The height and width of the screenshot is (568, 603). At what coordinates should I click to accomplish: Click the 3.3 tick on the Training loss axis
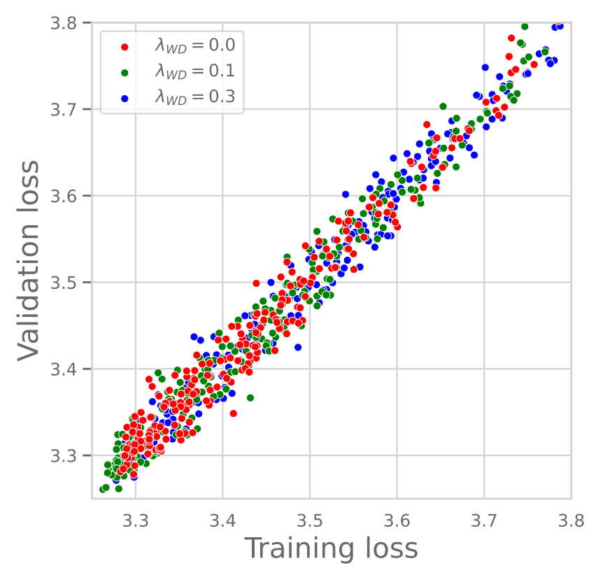point(135,520)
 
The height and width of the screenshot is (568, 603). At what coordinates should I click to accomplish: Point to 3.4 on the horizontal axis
point(222,520)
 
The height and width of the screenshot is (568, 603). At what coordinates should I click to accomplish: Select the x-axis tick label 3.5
point(310,520)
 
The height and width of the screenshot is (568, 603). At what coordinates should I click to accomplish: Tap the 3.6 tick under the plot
point(397,520)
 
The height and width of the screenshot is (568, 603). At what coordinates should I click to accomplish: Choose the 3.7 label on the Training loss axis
point(485,520)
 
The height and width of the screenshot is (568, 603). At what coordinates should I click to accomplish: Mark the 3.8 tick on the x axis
point(570,520)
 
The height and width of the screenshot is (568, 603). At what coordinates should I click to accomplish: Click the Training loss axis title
point(330,548)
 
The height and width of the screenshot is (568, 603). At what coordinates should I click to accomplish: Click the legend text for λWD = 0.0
point(194,46)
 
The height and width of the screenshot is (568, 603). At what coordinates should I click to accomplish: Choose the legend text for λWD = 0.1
point(194,72)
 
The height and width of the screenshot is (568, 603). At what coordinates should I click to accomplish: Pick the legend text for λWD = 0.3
point(194,99)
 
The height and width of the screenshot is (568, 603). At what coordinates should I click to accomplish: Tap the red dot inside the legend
point(125,47)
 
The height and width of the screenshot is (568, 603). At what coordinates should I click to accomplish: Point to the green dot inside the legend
point(125,73)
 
